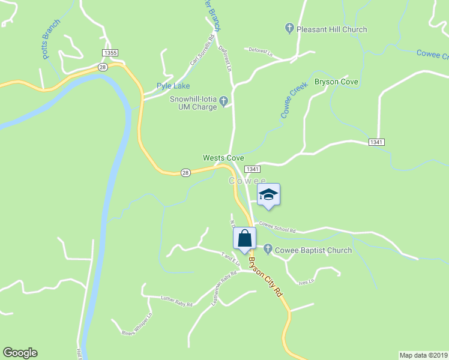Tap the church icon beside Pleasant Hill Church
coord(289,28)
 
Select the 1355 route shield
coord(110,53)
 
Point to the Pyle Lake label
coord(173,86)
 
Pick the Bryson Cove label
coord(336,82)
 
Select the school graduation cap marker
coord(268,194)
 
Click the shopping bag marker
coord(244,239)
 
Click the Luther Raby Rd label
coord(176,301)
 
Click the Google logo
coord(20,353)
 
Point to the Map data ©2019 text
coord(423,355)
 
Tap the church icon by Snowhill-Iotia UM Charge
coord(224,100)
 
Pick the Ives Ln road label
coord(306,280)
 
